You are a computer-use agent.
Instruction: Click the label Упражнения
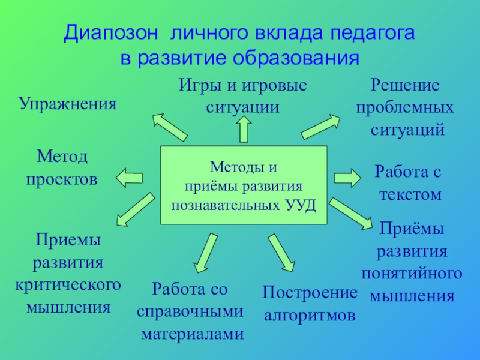pos(67,104)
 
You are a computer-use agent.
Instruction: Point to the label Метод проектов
pos(62,168)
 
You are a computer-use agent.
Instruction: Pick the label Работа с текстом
pos(408,184)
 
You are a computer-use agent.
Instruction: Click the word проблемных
pos(405,108)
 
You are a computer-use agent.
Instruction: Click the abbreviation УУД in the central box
pos(298,205)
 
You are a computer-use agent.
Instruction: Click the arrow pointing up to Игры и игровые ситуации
pos(244,128)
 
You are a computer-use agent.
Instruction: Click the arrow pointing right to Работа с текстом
pos(347,178)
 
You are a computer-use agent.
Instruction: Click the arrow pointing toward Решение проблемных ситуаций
pos(320,127)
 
